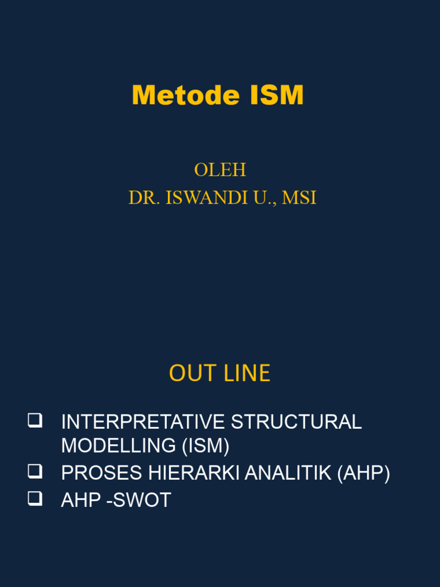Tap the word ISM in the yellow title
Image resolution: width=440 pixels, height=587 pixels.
pyautogui.click(x=276, y=96)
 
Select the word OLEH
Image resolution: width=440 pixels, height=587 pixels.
pyautogui.click(x=220, y=170)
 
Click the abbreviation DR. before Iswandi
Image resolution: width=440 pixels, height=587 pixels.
pyautogui.click(x=144, y=198)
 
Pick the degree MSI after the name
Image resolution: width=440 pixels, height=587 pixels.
pyautogui.click(x=299, y=198)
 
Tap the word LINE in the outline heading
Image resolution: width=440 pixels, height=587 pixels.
pyautogui.click(x=246, y=374)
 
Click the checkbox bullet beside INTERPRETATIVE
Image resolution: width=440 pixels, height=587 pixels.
pyautogui.click(x=35, y=421)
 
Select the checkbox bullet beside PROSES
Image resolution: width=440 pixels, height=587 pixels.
pyautogui.click(x=35, y=472)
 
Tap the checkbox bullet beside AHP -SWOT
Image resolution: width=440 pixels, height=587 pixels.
pyautogui.click(x=35, y=499)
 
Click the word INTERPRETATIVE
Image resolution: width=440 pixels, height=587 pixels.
pyautogui.click(x=143, y=422)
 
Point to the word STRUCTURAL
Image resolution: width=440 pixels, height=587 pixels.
pyautogui.click(x=296, y=422)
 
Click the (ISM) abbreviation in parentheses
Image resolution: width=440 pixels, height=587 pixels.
pyautogui.click(x=206, y=445)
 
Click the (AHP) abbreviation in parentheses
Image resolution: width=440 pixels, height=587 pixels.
pyautogui.click(x=364, y=473)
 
